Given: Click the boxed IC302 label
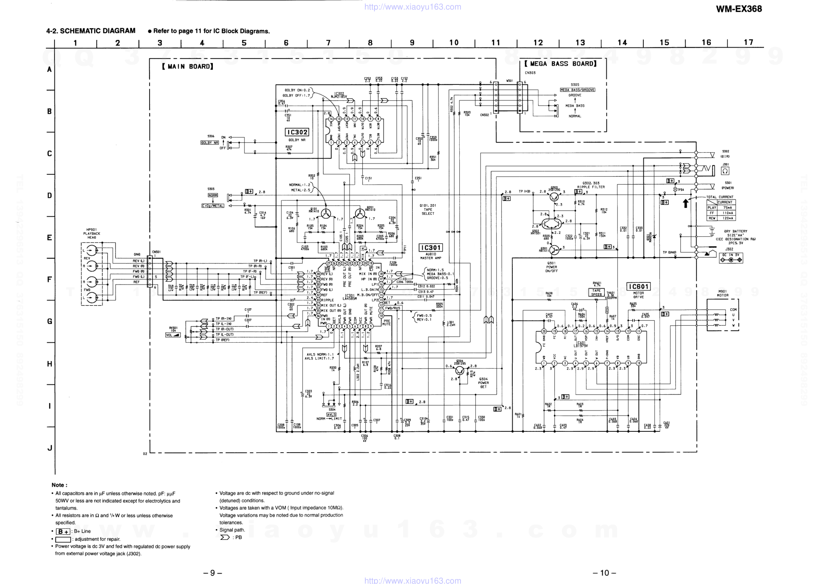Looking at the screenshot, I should click(x=297, y=132).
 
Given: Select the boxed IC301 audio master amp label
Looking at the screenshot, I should click(x=431, y=248).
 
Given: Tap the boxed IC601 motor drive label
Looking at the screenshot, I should click(x=638, y=287).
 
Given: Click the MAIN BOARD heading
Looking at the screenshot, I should click(x=188, y=67).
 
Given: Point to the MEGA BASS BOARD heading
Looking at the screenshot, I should click(x=560, y=64).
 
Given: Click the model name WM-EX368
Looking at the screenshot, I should click(x=739, y=9).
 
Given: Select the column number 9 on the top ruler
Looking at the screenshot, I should click(x=412, y=42).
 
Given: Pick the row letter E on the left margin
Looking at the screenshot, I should click(x=49, y=238).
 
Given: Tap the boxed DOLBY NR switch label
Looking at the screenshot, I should click(x=209, y=143).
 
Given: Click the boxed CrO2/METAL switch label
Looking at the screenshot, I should click(x=213, y=205).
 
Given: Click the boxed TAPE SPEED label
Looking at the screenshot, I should click(x=596, y=292).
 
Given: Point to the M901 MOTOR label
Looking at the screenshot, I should click(x=723, y=293).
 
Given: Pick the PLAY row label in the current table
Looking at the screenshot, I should click(x=712, y=208).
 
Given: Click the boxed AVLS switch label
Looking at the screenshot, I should click(x=331, y=414).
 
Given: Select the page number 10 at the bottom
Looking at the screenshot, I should click(x=604, y=573).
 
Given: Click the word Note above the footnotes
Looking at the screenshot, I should click(x=59, y=485).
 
